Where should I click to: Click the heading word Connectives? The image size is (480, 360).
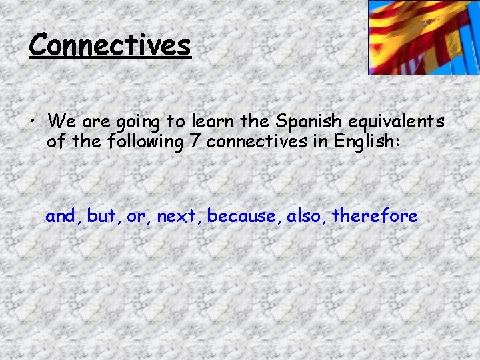pyautogui.click(x=110, y=45)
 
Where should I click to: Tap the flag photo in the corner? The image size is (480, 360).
pyautogui.click(x=424, y=37)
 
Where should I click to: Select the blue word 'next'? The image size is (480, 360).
pyautogui.click(x=178, y=216)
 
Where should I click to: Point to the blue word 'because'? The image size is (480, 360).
pyautogui.click(x=243, y=216)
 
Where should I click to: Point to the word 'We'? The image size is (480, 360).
pyautogui.click(x=61, y=122)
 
